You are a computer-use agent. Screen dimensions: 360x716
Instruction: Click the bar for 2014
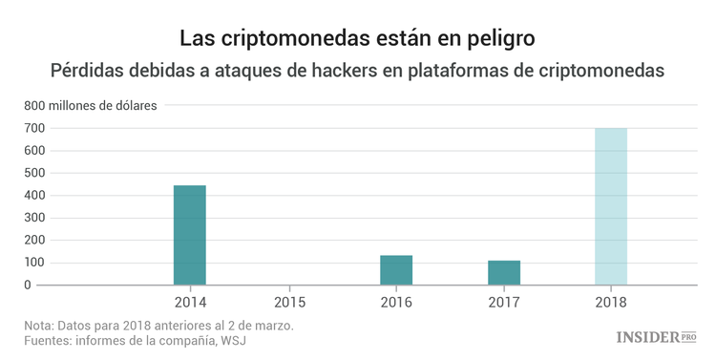click(x=189, y=235)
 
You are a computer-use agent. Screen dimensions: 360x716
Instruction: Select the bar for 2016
click(x=396, y=270)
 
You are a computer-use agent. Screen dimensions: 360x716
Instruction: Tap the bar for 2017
click(x=503, y=273)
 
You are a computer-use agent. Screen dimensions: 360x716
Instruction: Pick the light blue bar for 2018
click(x=611, y=206)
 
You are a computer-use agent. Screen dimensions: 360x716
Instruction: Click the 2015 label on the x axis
click(x=289, y=303)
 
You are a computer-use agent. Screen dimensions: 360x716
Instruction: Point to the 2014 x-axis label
click(x=190, y=303)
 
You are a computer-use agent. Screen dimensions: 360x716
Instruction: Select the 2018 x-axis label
click(x=611, y=303)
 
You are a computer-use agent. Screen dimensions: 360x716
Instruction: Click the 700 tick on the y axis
click(x=34, y=128)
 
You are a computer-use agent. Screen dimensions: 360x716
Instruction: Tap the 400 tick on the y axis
click(x=34, y=196)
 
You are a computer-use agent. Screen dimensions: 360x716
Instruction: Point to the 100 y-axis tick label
click(x=34, y=263)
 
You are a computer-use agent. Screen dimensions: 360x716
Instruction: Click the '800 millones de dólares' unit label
click(x=91, y=105)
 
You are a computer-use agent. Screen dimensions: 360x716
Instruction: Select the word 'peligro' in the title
click(x=501, y=39)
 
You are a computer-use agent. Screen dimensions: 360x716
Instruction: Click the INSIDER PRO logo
click(x=657, y=336)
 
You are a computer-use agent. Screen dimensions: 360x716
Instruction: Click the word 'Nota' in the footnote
click(x=40, y=325)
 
